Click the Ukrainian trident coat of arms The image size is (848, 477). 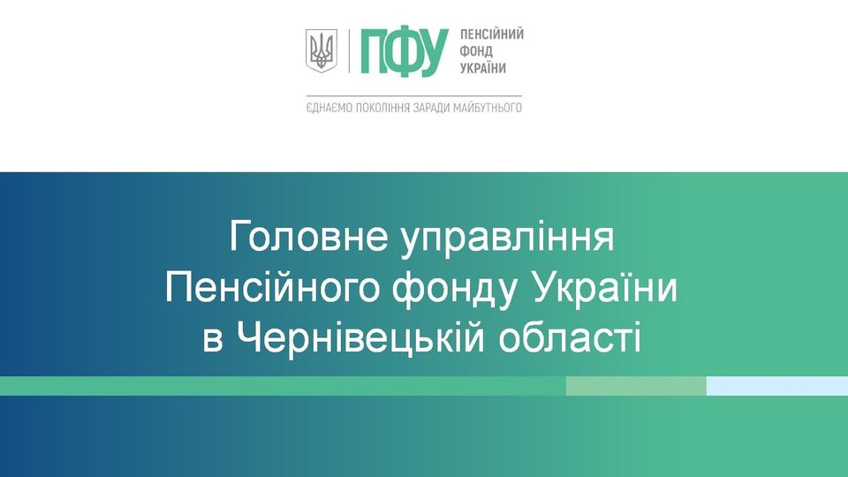[322, 51]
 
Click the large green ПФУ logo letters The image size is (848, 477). [404, 52]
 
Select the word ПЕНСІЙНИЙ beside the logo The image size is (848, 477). [492, 34]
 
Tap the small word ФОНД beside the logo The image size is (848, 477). [476, 51]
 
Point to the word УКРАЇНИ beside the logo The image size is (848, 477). [483, 68]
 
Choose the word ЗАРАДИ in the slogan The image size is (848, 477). [430, 108]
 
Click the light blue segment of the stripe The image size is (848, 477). [777, 386]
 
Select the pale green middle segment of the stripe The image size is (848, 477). [636, 386]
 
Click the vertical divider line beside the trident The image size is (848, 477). [349, 51]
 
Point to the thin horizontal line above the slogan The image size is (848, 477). [413, 96]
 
